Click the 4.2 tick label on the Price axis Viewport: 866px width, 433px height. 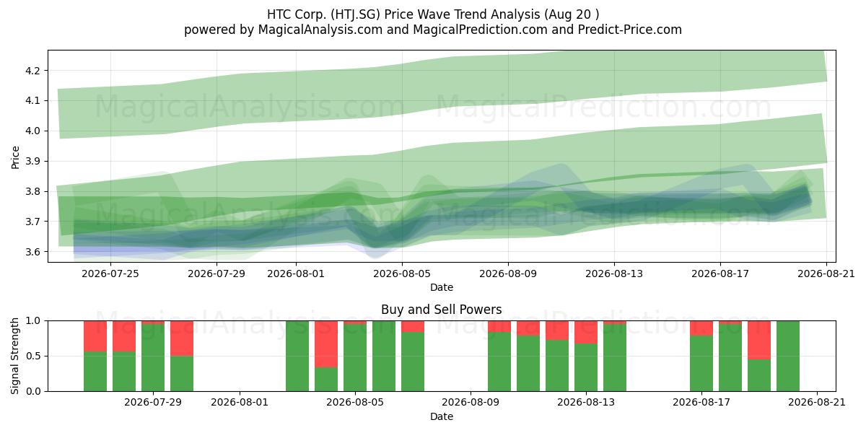32,71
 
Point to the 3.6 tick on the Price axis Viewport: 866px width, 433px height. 32,252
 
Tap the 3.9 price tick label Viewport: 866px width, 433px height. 32,161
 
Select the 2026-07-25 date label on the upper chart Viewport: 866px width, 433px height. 110,274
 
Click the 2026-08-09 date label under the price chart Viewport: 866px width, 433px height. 508,274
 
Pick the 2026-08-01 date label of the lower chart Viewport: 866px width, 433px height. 240,403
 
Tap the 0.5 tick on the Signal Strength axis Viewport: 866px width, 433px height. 33,356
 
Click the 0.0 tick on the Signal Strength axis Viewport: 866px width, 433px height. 33,392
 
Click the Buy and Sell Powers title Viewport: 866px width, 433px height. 442,310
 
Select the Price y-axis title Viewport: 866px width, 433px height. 15,157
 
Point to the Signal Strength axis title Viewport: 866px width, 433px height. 14,356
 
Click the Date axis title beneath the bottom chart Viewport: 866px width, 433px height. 442,416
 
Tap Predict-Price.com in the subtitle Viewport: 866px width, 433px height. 630,30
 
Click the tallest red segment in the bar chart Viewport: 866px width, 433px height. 326,344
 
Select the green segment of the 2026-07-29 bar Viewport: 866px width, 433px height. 153,358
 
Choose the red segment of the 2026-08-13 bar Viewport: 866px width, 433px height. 586,332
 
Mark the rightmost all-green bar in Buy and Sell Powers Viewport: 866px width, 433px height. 788,356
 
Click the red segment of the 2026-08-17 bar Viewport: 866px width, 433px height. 701,328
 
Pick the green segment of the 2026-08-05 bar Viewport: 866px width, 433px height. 355,358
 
